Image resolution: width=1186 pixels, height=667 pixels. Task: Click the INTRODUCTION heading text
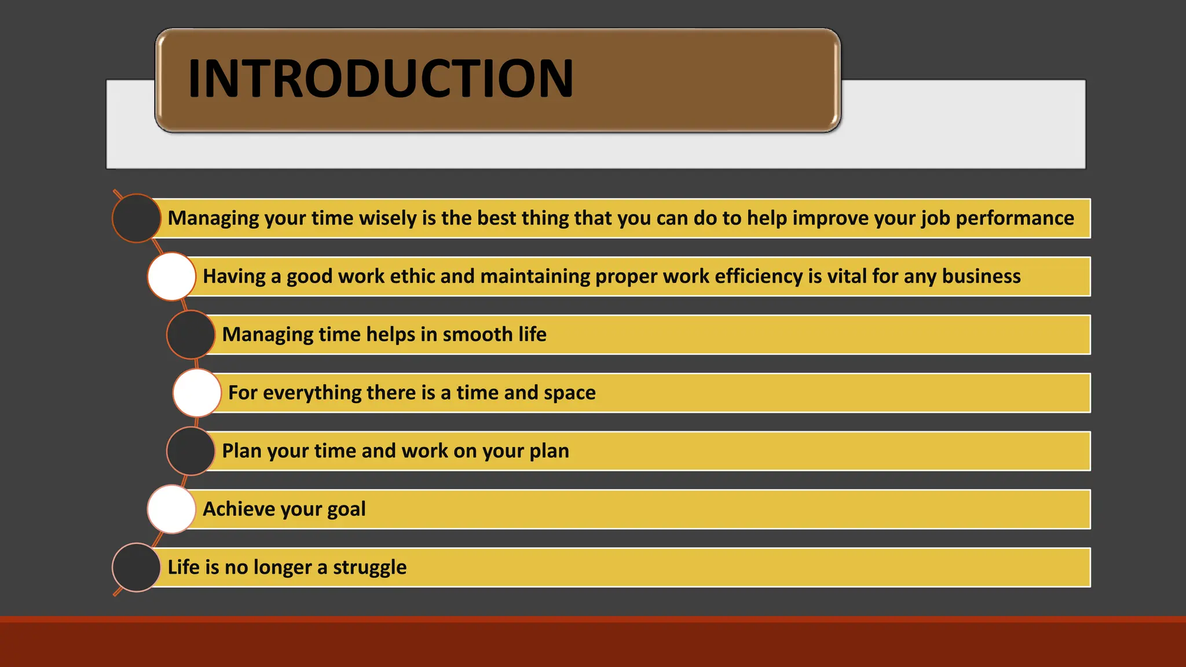click(380, 79)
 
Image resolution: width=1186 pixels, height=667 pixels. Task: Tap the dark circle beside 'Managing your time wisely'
click(136, 218)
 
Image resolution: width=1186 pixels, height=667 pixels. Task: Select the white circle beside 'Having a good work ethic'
click(171, 276)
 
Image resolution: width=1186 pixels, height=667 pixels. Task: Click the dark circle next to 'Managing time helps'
click(191, 335)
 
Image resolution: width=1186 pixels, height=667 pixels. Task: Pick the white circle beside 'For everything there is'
click(197, 393)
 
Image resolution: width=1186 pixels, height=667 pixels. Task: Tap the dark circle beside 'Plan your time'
click(191, 451)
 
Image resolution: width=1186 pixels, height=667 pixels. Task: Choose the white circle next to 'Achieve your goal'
click(171, 509)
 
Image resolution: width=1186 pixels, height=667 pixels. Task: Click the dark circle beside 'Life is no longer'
click(136, 567)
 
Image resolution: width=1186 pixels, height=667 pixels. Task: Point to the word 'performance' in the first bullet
click(1015, 218)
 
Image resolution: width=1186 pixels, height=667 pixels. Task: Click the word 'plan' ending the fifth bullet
click(547, 452)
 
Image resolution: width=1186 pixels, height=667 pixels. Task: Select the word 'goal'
click(346, 510)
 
